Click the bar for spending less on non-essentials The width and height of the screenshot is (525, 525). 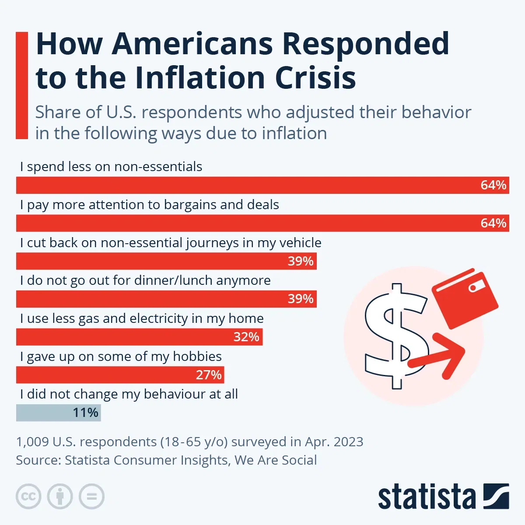point(262,185)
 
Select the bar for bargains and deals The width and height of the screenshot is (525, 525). point(262,223)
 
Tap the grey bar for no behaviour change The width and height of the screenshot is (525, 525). point(58,413)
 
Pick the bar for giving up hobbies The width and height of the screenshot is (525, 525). point(120,375)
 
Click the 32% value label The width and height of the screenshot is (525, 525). point(246,337)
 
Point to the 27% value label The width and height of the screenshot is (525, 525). point(209,375)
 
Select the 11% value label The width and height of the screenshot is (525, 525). point(85,413)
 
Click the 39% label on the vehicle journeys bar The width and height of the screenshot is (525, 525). point(301,261)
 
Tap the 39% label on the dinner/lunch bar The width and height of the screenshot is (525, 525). point(301,299)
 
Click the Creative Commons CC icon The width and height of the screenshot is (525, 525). point(28,497)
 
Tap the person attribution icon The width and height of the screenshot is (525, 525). point(60,497)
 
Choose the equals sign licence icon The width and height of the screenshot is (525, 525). point(91,497)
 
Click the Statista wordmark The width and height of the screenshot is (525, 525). point(427,497)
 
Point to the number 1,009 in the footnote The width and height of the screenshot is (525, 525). point(32,442)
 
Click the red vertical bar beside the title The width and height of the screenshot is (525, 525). point(21,85)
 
